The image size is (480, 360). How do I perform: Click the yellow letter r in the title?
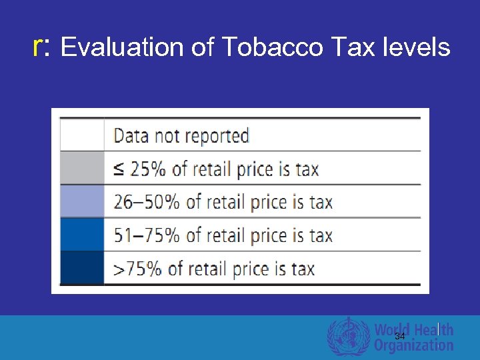click(x=39, y=47)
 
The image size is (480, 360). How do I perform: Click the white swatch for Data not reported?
click(x=82, y=135)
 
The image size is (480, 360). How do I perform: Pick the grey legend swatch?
click(x=82, y=168)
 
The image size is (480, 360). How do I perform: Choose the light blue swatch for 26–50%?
click(x=82, y=201)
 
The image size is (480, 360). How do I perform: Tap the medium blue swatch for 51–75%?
click(x=82, y=235)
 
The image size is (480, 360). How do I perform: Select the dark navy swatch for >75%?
click(x=82, y=268)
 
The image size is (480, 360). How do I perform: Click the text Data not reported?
click(x=181, y=136)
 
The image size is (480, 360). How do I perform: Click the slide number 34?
click(x=400, y=337)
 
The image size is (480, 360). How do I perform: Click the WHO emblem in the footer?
click(x=348, y=336)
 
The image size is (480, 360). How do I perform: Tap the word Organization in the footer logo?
click(x=413, y=345)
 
